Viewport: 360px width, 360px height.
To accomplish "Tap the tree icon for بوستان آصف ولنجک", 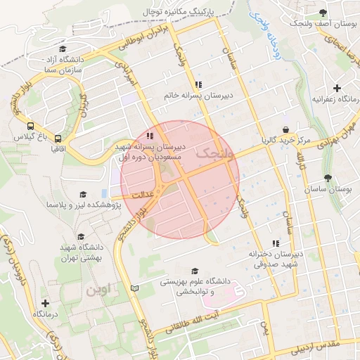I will point(323,13).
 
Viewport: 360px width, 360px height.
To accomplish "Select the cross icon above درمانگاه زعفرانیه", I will point(337,89).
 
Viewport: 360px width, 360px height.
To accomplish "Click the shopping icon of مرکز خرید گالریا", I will point(286,130).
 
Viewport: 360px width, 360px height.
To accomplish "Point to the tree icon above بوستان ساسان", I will point(328,179).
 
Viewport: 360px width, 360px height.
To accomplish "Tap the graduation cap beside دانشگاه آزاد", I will point(63,49).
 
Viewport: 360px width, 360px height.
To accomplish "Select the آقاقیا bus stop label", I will point(58,149).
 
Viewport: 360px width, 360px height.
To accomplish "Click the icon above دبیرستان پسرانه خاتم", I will point(198,84).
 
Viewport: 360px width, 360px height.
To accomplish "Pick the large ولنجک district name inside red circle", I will point(214,152).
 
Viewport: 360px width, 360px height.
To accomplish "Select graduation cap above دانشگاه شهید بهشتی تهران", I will point(81,237).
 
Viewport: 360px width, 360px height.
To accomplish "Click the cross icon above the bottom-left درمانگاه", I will point(46,303).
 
